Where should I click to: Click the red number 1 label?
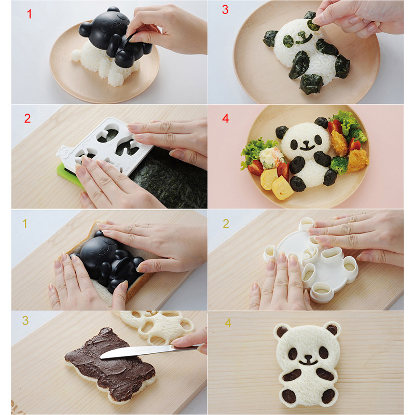click(x=30, y=14)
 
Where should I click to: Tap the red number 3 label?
click(x=225, y=9)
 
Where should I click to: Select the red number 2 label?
click(x=27, y=118)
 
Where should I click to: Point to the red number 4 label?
click(x=226, y=118)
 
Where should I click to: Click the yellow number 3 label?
click(x=25, y=321)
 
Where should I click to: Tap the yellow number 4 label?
click(x=228, y=323)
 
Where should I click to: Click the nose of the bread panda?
click(x=308, y=357)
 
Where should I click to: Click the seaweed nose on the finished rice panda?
click(x=307, y=143)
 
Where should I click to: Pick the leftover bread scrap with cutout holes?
click(x=156, y=326)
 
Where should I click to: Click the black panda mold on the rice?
click(x=114, y=36)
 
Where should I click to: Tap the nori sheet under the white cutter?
click(x=170, y=180)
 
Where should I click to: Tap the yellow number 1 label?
click(x=24, y=224)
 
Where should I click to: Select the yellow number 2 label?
click(x=226, y=224)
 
